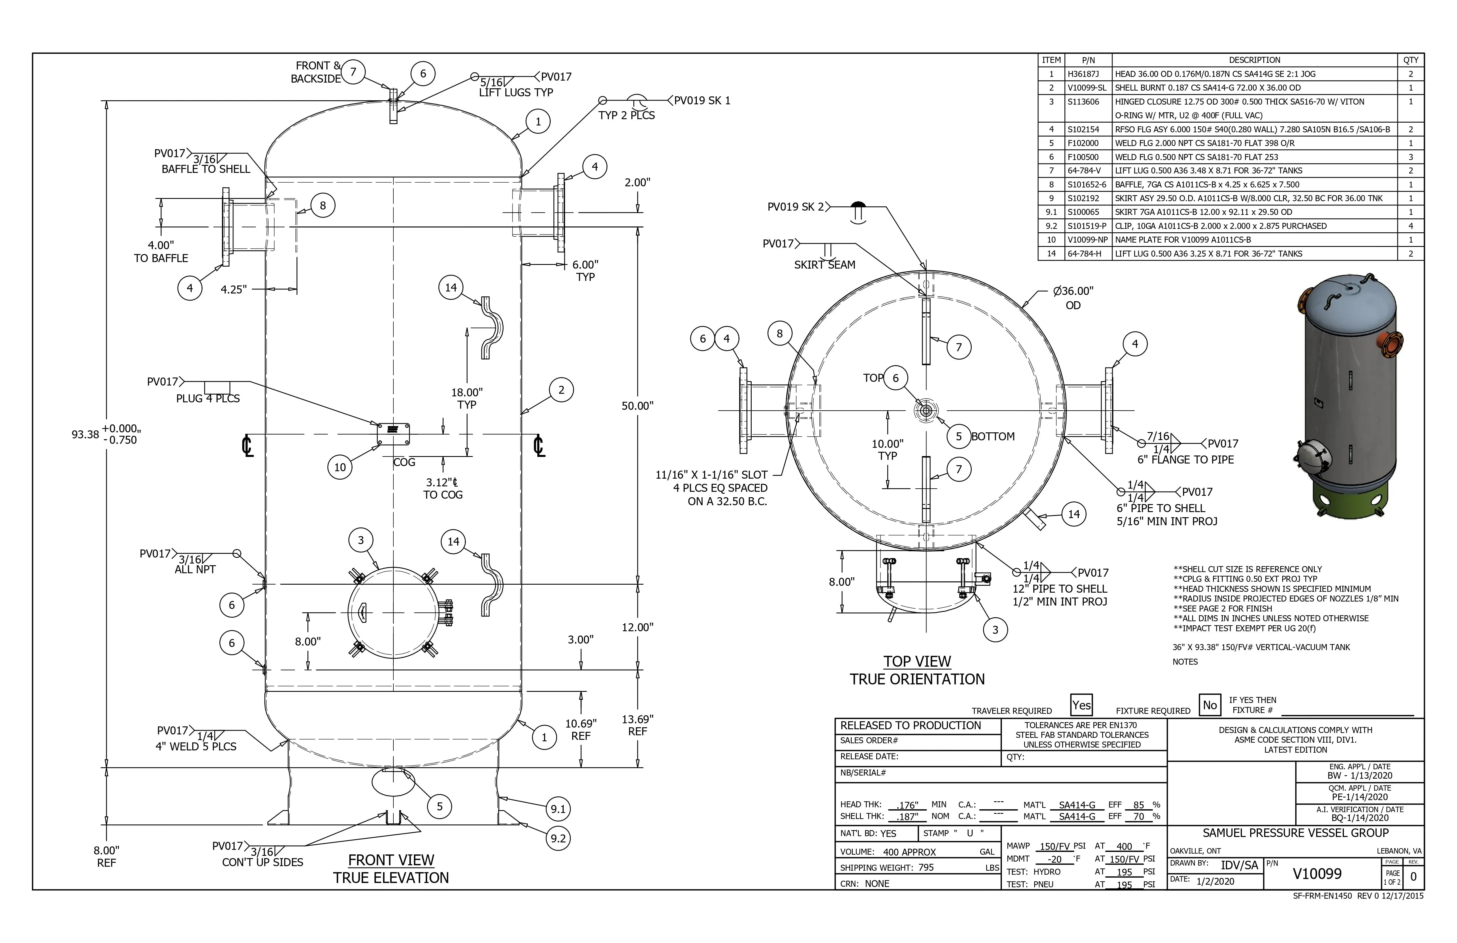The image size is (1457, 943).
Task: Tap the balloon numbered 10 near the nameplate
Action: pyautogui.click(x=340, y=467)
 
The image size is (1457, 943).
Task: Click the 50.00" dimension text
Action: pyautogui.click(x=637, y=406)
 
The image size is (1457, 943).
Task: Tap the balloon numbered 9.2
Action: pyautogui.click(x=558, y=838)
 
